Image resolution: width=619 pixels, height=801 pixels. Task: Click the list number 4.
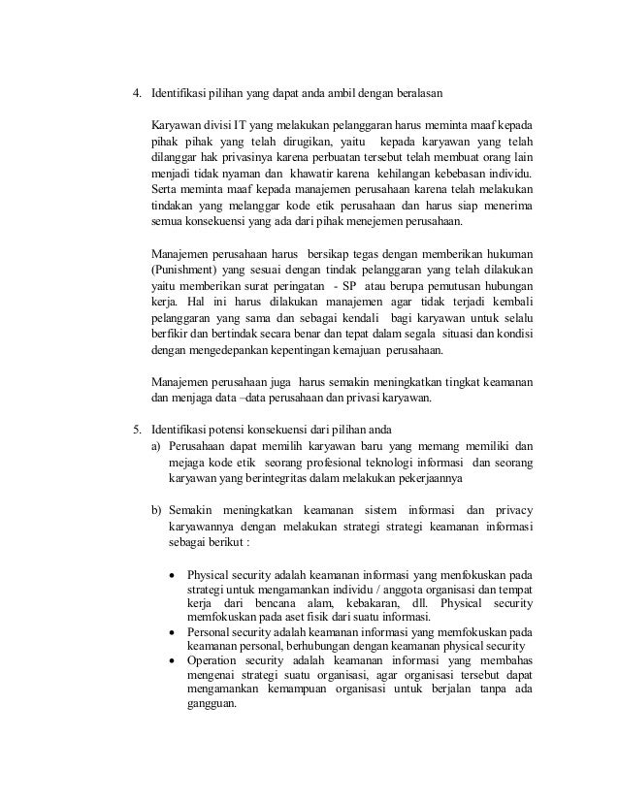pos(137,94)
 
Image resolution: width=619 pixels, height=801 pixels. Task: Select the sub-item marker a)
pos(156,446)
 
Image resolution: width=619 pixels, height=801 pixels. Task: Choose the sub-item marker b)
pos(156,510)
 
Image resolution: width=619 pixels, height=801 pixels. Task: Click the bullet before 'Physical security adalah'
pos(173,572)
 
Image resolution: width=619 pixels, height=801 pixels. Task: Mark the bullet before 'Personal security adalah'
pos(173,632)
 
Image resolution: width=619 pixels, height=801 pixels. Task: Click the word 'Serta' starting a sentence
pos(164,190)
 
